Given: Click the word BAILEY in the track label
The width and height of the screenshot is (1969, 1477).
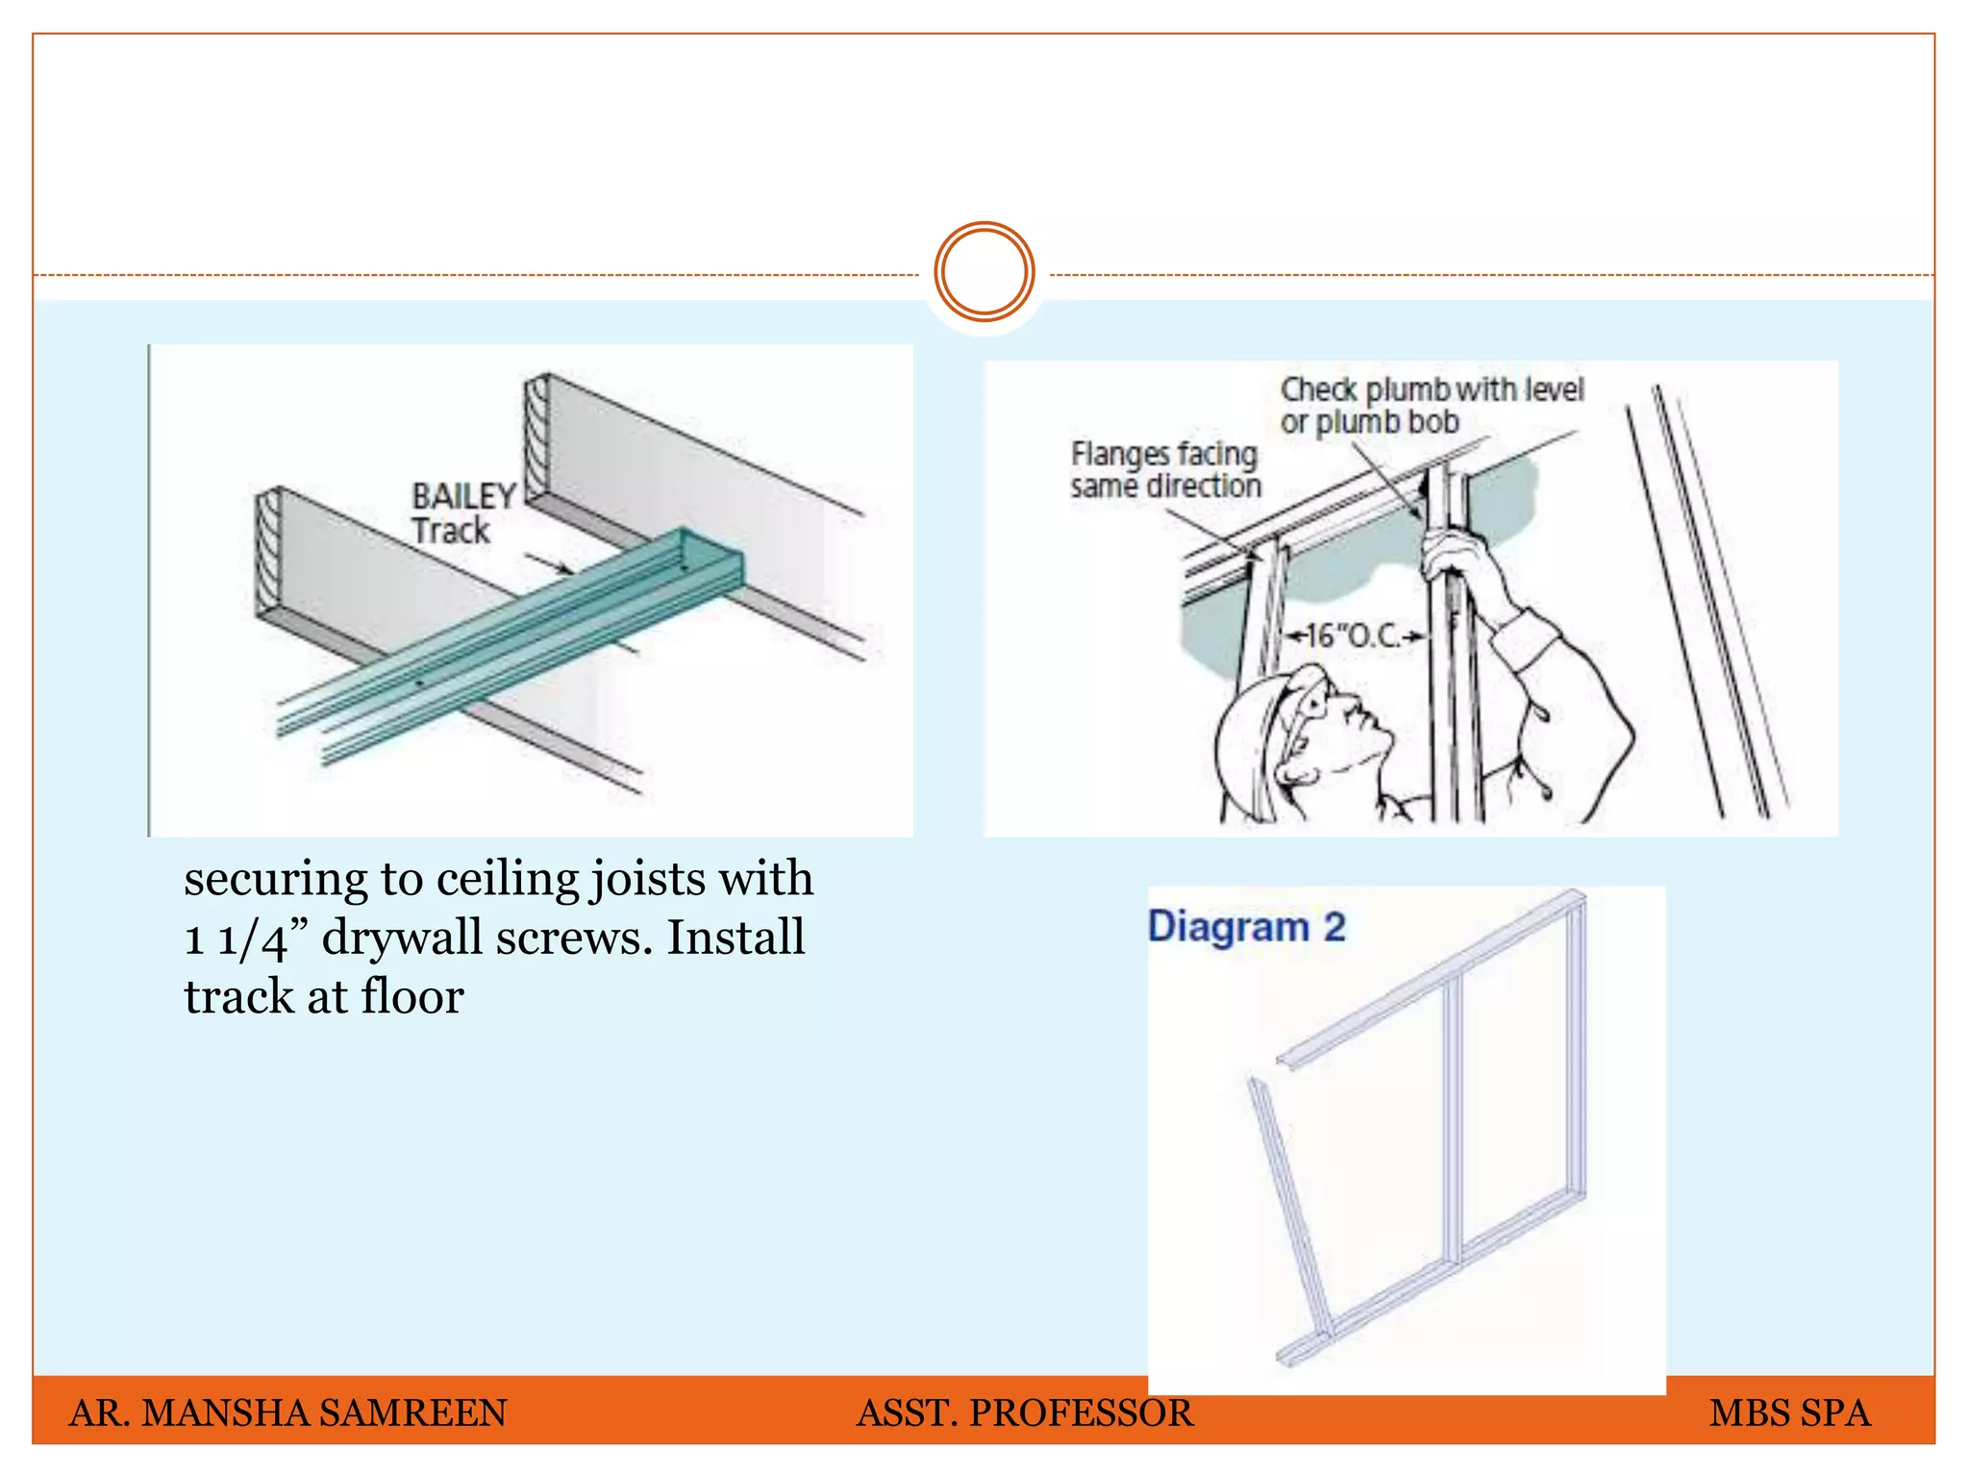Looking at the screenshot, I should click(x=463, y=496).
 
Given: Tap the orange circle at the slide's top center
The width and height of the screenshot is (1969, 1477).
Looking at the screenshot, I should click(x=984, y=272).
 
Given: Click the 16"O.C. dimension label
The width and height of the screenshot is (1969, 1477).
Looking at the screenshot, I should click(x=1357, y=636).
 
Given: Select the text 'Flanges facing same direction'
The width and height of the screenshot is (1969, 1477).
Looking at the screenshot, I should click(x=1165, y=469).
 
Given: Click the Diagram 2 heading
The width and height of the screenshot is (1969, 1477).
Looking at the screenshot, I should click(x=1246, y=927).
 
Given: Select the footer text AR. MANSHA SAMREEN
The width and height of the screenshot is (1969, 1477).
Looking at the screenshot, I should click(x=287, y=1413).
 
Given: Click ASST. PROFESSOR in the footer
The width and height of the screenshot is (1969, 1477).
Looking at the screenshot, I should click(x=1024, y=1413).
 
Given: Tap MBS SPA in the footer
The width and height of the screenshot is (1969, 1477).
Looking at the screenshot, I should click(x=1789, y=1413).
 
